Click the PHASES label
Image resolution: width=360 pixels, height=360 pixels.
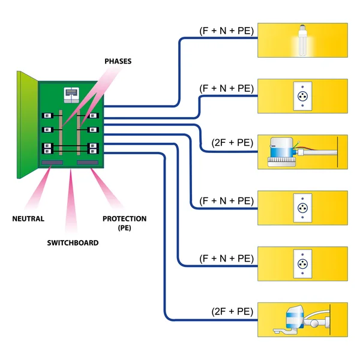tap(118, 61)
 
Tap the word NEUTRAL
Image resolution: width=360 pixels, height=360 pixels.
tap(28, 219)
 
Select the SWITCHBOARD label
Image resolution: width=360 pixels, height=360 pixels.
tap(73, 243)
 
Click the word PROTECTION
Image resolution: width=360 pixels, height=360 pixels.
tap(124, 219)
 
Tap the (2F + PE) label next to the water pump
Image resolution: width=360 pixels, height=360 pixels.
tap(232, 143)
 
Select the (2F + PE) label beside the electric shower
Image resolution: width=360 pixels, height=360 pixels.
tap(232, 311)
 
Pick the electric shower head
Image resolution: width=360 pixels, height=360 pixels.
tap(294, 320)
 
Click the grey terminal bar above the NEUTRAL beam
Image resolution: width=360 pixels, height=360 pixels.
tap(52, 163)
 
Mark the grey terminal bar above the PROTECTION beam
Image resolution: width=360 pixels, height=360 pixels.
tap(88, 163)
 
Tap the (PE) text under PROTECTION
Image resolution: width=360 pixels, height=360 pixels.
tap(124, 229)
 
